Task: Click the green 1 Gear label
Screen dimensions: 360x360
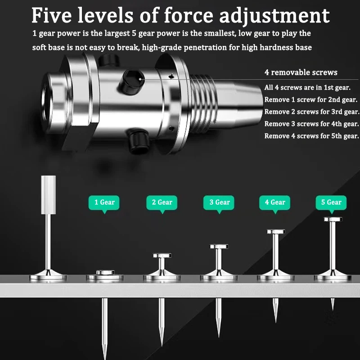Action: [x=104, y=202]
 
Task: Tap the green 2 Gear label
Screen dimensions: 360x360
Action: [x=162, y=202]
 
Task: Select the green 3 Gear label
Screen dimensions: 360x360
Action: [x=219, y=202]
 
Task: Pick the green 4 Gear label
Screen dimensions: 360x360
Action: [x=275, y=202]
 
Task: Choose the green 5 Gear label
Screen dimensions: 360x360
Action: [x=331, y=202]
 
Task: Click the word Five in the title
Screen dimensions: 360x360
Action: [x=52, y=15]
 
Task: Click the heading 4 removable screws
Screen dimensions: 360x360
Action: [x=301, y=72]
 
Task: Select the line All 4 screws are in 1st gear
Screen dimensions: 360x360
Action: [x=307, y=87]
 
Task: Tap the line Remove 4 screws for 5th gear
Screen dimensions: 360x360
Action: [x=311, y=136]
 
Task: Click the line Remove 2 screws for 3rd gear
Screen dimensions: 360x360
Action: [x=311, y=112]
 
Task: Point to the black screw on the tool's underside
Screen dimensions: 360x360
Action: [x=138, y=141]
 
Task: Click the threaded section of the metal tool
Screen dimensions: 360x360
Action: [x=203, y=103]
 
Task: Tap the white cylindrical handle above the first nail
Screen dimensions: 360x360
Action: [x=48, y=195]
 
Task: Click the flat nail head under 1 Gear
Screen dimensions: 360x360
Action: [x=105, y=273]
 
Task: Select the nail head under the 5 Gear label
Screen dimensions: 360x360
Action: [x=333, y=219]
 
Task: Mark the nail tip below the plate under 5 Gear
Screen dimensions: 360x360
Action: [x=333, y=310]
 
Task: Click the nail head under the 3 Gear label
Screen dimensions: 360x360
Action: [x=219, y=247]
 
